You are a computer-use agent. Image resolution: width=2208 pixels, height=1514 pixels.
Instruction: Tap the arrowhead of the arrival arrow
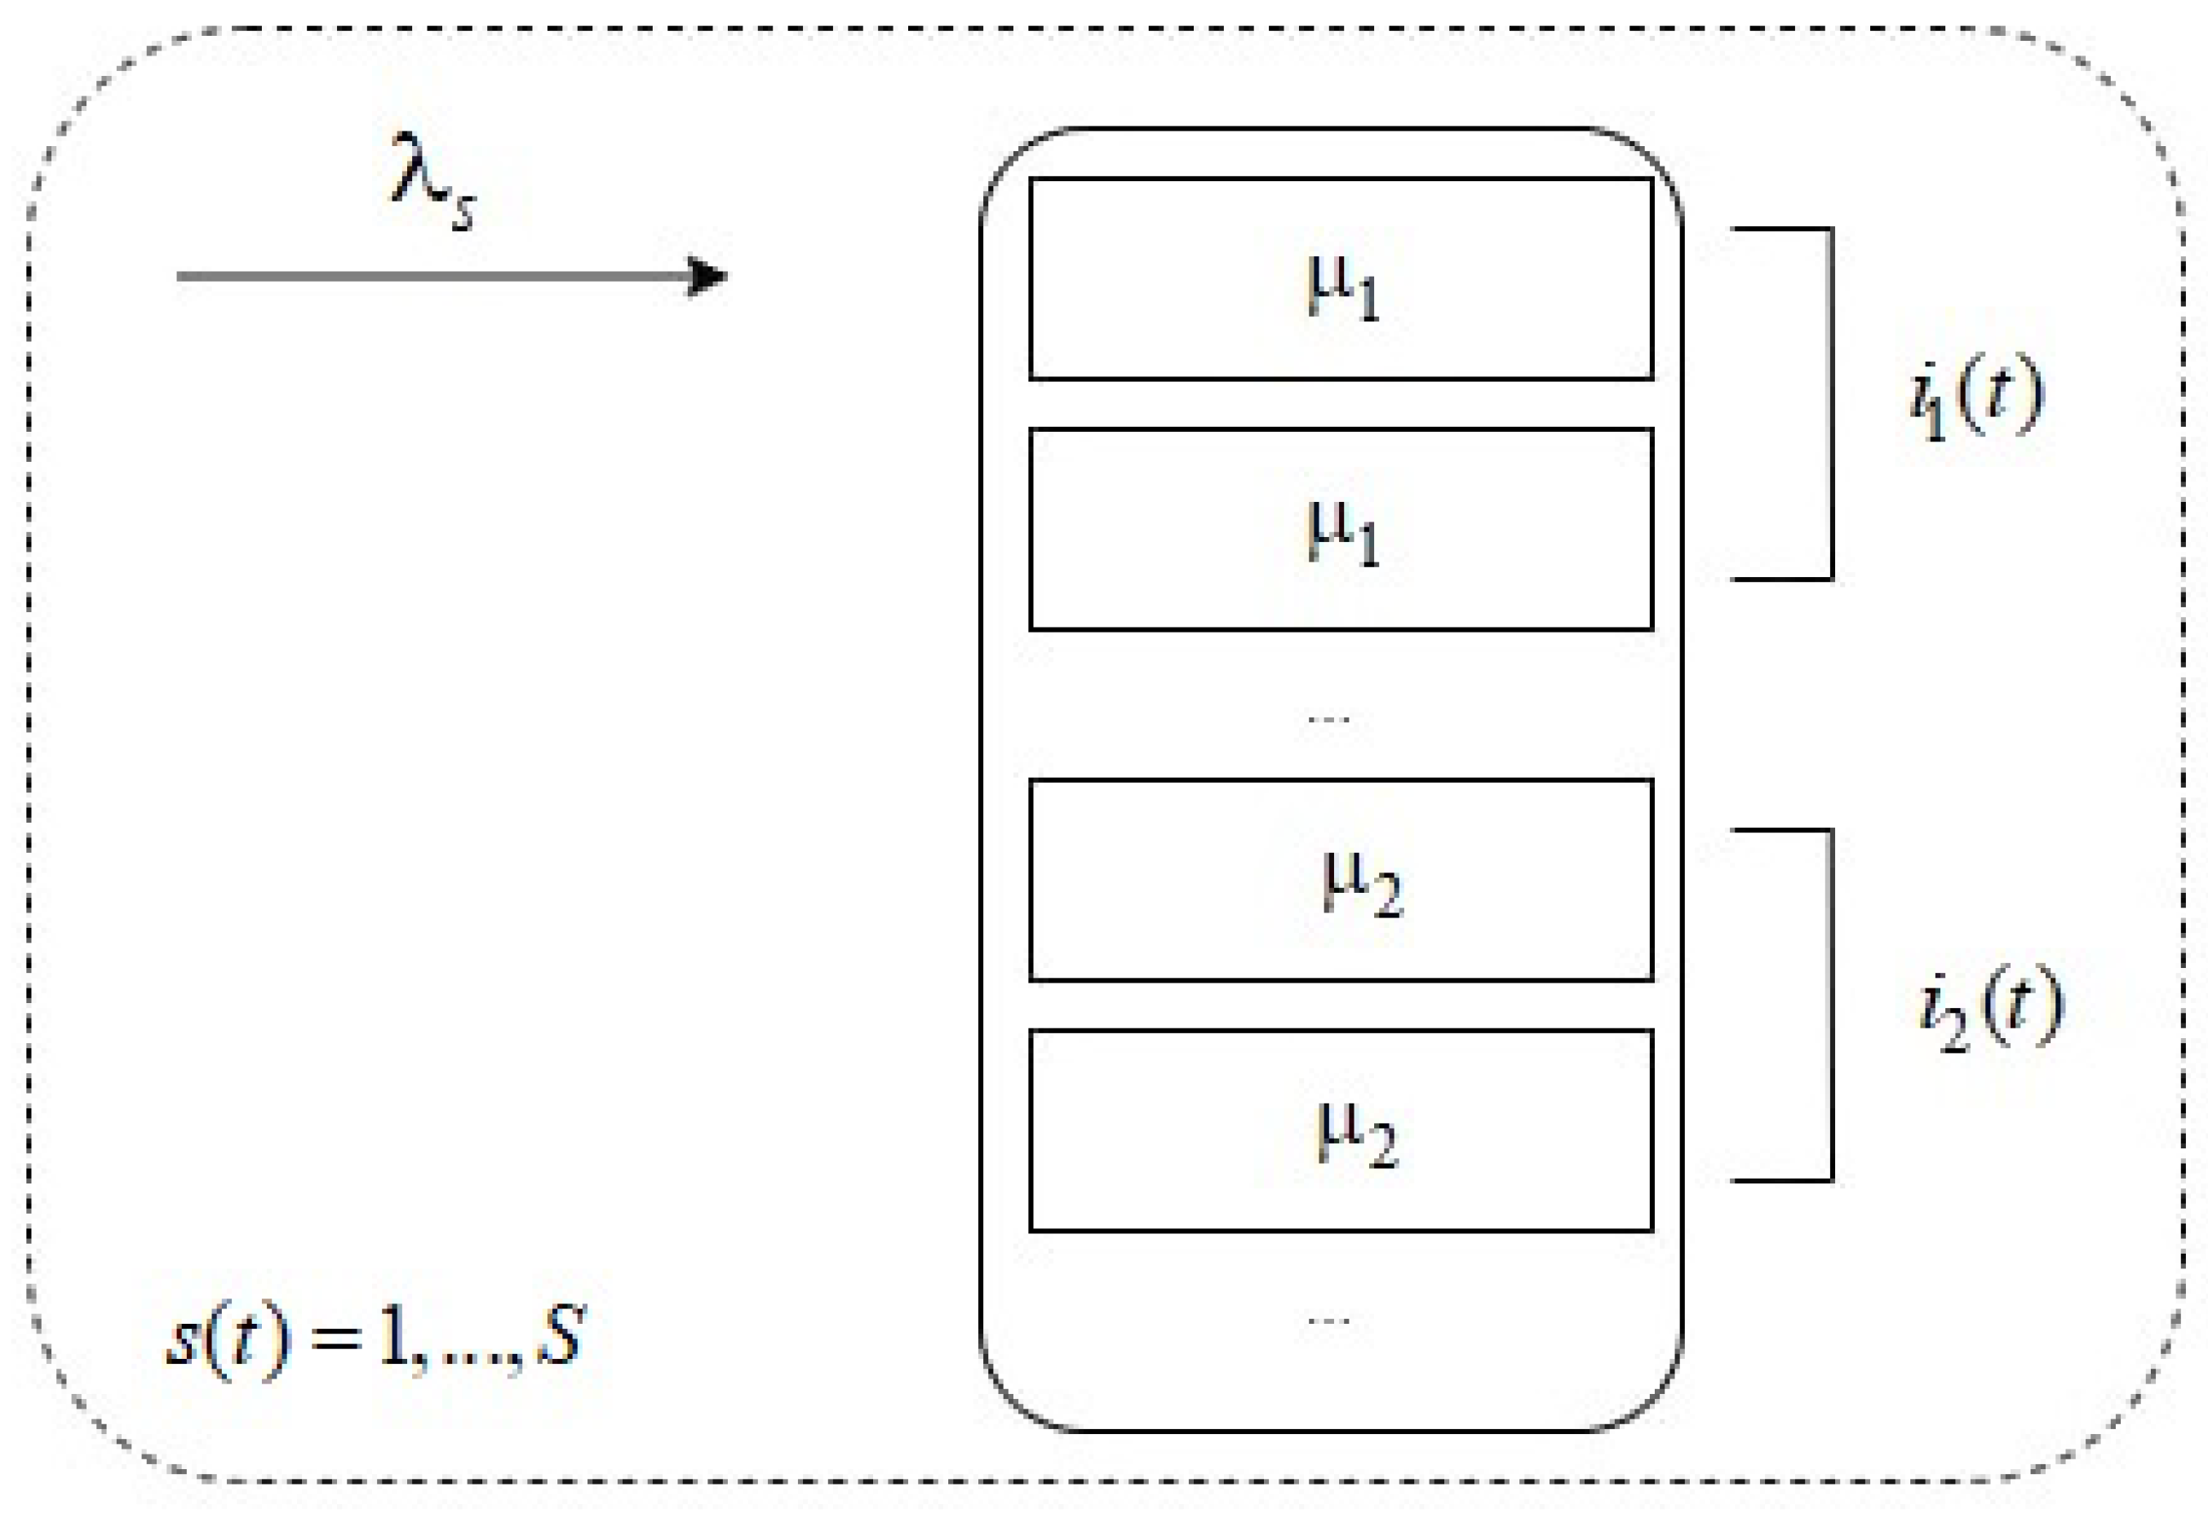click(x=707, y=277)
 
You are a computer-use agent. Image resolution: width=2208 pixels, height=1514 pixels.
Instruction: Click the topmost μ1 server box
click(x=1341, y=278)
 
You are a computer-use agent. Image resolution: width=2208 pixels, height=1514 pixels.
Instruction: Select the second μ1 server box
click(x=1341, y=528)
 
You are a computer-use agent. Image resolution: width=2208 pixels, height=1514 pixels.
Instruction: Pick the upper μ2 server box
click(x=1341, y=879)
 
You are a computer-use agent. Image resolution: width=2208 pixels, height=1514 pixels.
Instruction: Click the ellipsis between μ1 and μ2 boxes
click(x=1328, y=718)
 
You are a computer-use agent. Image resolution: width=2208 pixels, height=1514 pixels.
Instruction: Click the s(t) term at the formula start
click(x=227, y=1339)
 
